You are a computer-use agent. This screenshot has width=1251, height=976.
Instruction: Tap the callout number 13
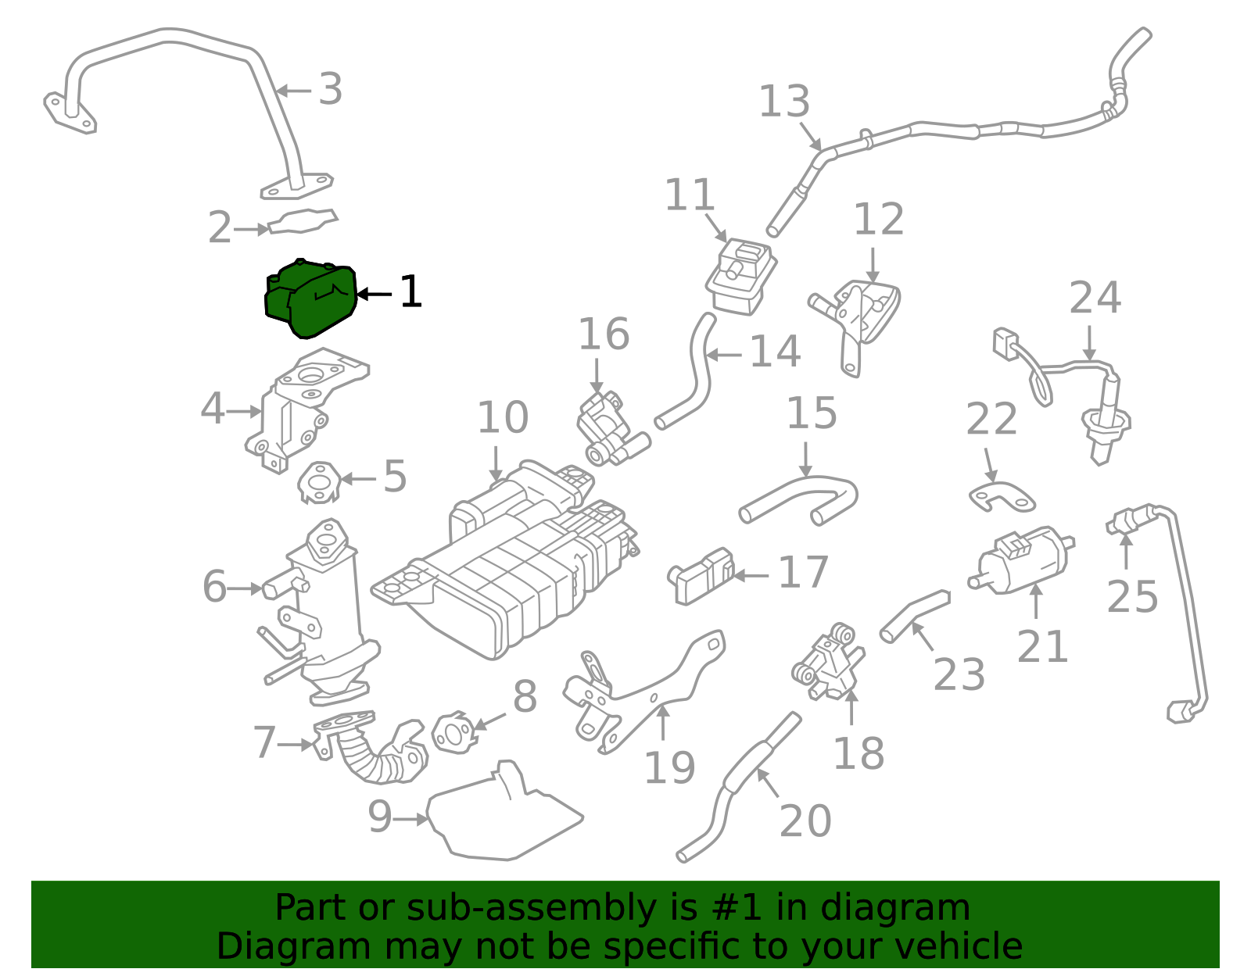tap(783, 102)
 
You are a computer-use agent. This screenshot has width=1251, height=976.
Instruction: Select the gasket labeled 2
tap(302, 222)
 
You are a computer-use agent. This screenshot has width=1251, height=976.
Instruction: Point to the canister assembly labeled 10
tap(508, 563)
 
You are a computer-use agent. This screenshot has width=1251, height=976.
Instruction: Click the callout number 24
tap(1095, 298)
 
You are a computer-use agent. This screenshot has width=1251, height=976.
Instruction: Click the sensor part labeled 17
tap(701, 577)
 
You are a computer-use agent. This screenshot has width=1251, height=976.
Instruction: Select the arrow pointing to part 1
tap(374, 295)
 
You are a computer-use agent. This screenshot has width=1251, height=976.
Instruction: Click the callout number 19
tap(669, 767)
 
